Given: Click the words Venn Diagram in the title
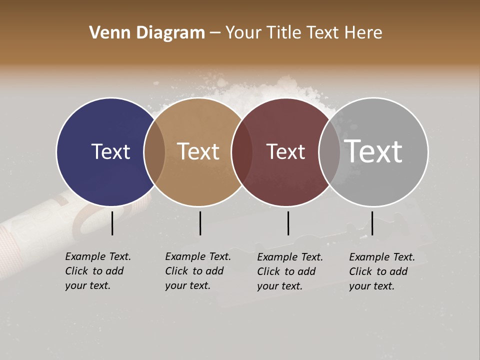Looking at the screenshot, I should pos(147,33).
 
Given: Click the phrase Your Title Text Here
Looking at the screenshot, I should pos(303,33).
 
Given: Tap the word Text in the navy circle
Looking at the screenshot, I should pos(110,151).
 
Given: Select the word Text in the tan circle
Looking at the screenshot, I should pos(198,151).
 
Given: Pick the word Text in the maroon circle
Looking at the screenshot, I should pos(285,152).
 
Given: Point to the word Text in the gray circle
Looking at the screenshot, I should pos(373,151).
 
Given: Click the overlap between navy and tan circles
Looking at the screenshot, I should pos(154,152).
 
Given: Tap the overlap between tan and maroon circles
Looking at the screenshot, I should pos(242,152).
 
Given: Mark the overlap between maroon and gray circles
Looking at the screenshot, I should pos(329,152).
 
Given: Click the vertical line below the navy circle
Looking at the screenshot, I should pos(112,223).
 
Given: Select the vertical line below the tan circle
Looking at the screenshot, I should pos(200,223).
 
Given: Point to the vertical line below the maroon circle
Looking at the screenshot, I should pos(288,223).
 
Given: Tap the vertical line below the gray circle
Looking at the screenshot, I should pos(372,223).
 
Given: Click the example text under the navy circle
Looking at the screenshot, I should pos(97,271).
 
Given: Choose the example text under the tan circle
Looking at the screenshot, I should pos(197,271).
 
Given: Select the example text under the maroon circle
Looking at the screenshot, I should pos(289,271).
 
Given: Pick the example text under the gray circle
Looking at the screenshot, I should pos(381,271).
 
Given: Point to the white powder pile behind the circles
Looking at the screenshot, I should pos(280,92).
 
